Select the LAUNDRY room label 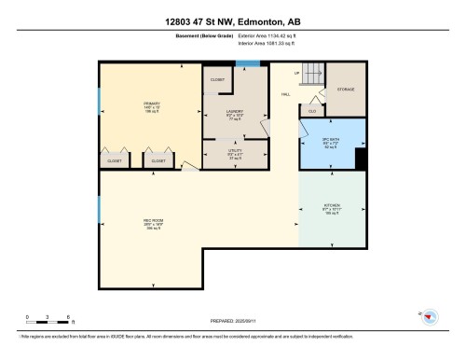[235, 112]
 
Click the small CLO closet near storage [312, 109]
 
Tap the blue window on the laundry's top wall [247, 63]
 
